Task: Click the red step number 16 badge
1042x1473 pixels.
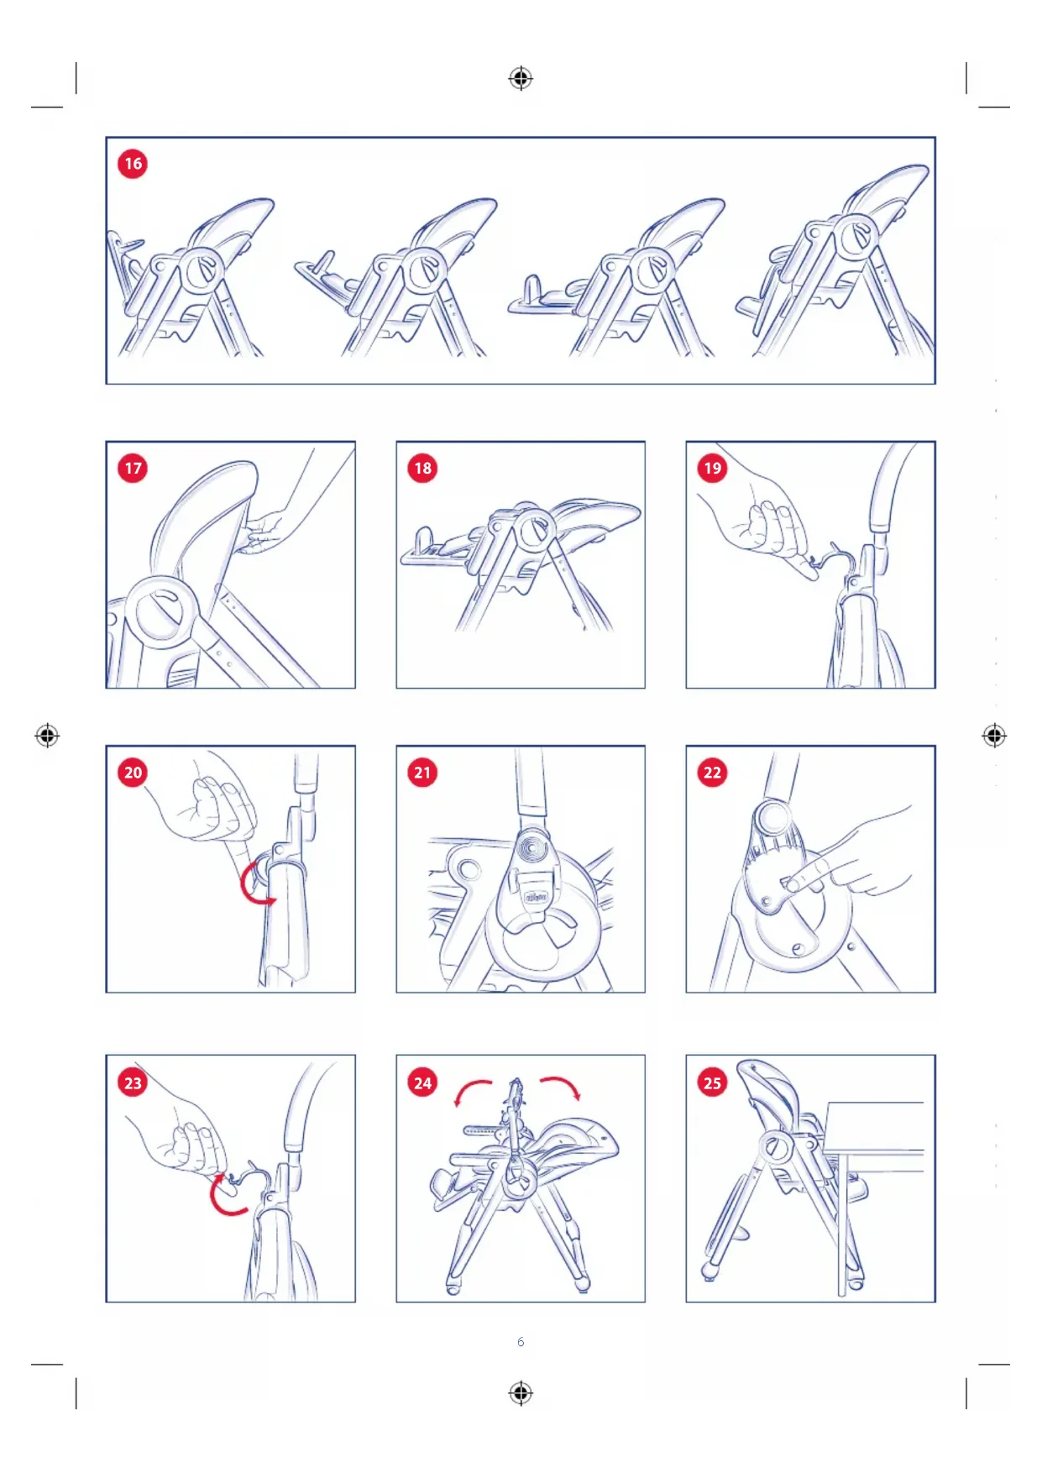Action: point(133,163)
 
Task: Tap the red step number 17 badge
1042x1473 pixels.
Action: point(133,468)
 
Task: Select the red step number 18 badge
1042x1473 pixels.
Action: point(422,468)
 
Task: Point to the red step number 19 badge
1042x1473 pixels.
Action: point(712,468)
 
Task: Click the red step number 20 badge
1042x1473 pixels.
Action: point(133,772)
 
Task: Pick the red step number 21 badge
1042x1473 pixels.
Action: point(422,772)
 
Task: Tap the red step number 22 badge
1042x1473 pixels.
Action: point(712,772)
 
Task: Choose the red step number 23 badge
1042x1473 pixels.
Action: point(133,1082)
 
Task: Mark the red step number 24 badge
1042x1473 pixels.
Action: point(422,1082)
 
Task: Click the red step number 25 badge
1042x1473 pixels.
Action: point(712,1082)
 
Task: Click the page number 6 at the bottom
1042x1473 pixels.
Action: point(521,1342)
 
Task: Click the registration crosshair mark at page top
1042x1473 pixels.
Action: point(521,78)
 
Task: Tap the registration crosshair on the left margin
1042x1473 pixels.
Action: point(47,736)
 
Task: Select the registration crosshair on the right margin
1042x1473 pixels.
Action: point(994,736)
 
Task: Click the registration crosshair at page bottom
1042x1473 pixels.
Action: point(521,1393)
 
